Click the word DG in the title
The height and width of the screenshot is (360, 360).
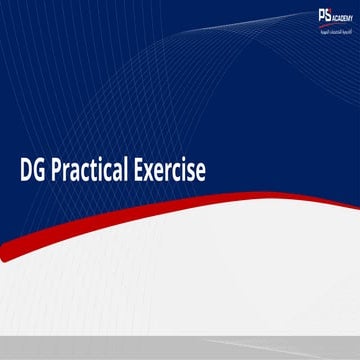pyautogui.click(x=34, y=170)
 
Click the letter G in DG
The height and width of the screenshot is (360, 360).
pyautogui.click(x=42, y=170)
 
